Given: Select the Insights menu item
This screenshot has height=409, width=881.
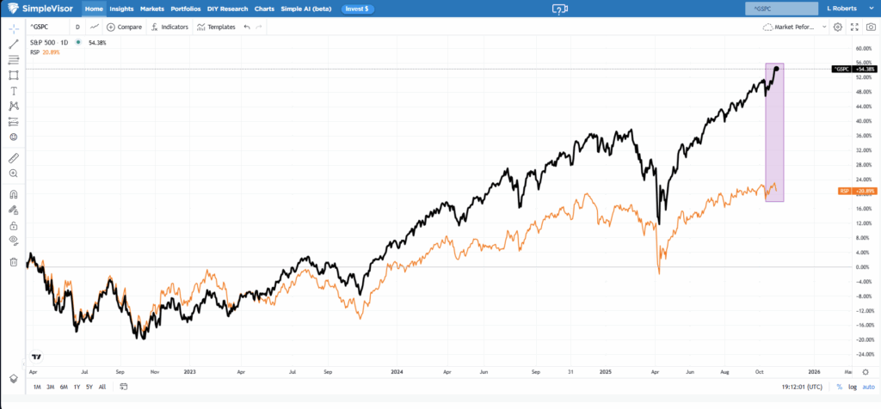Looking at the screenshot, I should pyautogui.click(x=121, y=9).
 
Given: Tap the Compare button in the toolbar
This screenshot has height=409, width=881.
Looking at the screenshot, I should pyautogui.click(x=124, y=27).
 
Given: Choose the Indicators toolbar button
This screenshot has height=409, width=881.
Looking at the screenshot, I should pyautogui.click(x=169, y=27).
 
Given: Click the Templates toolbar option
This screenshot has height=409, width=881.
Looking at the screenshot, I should pyautogui.click(x=216, y=27).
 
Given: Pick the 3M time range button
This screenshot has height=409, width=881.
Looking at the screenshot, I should pyautogui.click(x=51, y=388).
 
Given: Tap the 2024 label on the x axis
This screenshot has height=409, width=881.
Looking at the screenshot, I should pyautogui.click(x=397, y=373).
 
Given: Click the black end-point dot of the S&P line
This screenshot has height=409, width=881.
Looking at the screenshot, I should pyautogui.click(x=777, y=69).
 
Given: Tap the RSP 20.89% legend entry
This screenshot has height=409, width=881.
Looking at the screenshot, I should pyautogui.click(x=42, y=52).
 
